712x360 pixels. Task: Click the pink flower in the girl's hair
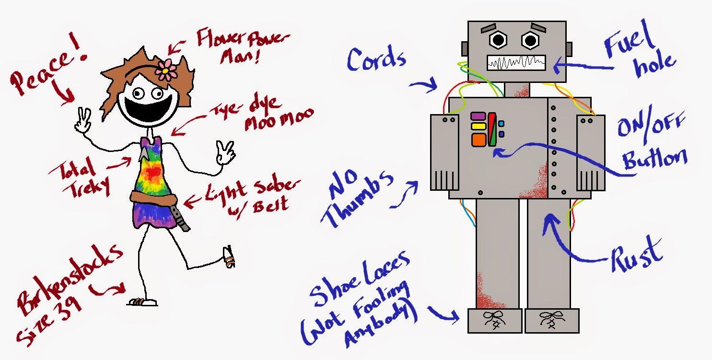(166, 70)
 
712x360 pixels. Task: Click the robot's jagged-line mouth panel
(516, 63)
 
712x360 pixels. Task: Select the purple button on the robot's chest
(478, 116)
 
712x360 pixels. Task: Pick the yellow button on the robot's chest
(479, 127)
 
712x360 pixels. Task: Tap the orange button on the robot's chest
(479, 140)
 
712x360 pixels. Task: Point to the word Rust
(637, 255)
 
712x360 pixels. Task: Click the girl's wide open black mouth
(148, 108)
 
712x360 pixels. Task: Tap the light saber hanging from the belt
(180, 218)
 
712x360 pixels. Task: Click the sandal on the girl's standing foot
(143, 302)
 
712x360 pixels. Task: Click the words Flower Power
(243, 38)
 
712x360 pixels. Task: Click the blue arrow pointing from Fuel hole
(583, 66)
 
